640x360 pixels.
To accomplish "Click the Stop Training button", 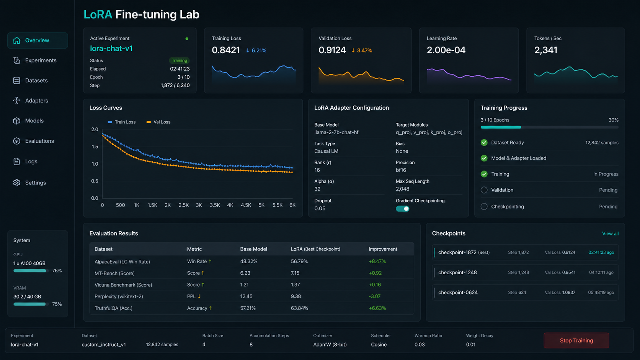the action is click(x=576, y=340).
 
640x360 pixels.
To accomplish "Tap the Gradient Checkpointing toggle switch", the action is click(x=402, y=209).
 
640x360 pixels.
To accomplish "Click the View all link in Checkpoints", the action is click(x=610, y=233).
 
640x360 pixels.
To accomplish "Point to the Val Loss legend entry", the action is click(x=158, y=122).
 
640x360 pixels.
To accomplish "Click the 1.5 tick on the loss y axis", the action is click(x=95, y=147).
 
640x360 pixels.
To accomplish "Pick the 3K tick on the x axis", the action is click(x=199, y=205).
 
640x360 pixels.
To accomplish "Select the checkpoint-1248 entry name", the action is click(x=457, y=272).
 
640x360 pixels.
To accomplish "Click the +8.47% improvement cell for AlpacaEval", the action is click(x=377, y=261).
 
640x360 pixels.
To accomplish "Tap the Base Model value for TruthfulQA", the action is click(x=248, y=308).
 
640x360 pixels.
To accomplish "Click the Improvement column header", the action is click(x=383, y=249).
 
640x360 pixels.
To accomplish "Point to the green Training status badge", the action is click(x=179, y=60).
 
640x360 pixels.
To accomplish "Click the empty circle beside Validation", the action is click(x=484, y=190).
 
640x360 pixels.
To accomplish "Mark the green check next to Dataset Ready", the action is click(x=484, y=142).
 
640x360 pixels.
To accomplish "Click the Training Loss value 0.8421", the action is click(x=226, y=50).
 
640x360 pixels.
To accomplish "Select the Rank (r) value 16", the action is click(x=317, y=170).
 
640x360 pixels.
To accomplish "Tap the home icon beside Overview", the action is click(x=16, y=40).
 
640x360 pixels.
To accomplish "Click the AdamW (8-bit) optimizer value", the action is click(x=330, y=345).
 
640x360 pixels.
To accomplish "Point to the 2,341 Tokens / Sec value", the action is click(x=546, y=50).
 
